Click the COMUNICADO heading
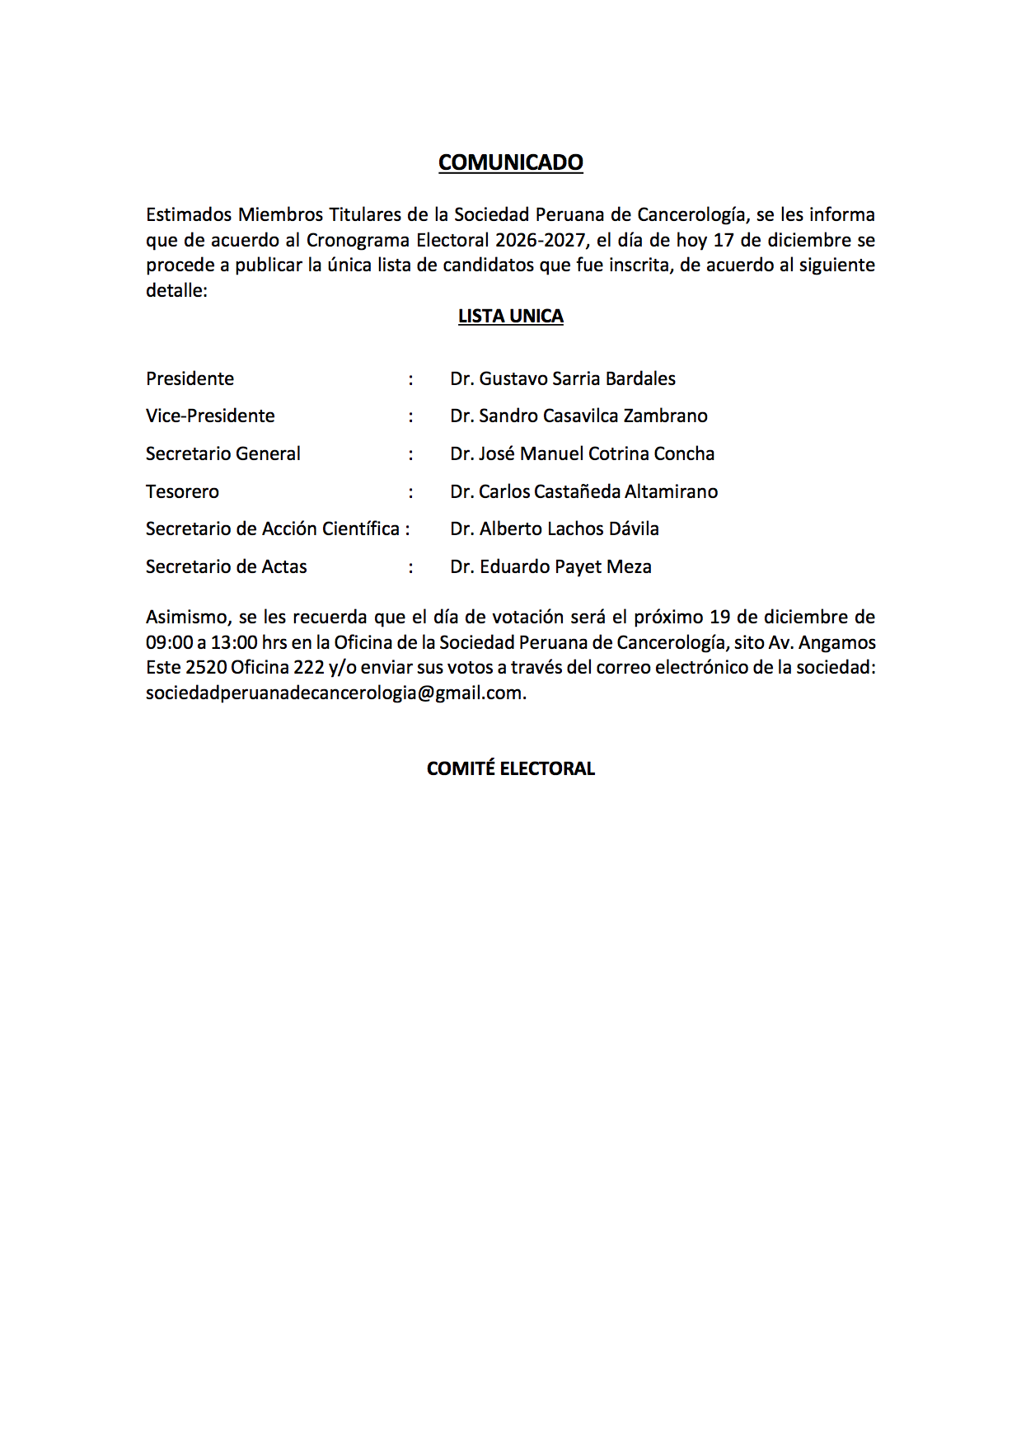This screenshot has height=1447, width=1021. point(510,162)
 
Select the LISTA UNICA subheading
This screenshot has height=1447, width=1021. point(510,317)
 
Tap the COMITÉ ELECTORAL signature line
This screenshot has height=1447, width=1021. point(510,768)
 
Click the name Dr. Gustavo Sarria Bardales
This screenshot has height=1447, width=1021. point(562,378)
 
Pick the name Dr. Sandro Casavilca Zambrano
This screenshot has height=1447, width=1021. point(578,416)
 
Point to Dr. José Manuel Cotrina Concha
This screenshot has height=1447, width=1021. point(582,453)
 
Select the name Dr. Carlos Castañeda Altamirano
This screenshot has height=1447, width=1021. point(583,491)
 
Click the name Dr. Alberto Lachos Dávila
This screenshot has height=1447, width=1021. point(554,529)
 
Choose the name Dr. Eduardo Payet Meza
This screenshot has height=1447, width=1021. point(550,566)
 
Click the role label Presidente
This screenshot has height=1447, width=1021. point(190,378)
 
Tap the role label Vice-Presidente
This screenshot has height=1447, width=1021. point(210,416)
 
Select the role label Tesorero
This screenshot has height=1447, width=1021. point(182,491)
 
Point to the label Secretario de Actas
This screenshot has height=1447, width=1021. point(226,566)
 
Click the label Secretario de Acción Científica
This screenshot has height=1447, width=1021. point(273,529)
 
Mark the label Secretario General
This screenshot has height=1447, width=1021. point(222,453)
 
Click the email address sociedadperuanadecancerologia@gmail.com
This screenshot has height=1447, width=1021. point(334,693)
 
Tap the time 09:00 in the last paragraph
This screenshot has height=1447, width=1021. point(169,642)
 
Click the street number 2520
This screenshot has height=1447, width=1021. point(206,667)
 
